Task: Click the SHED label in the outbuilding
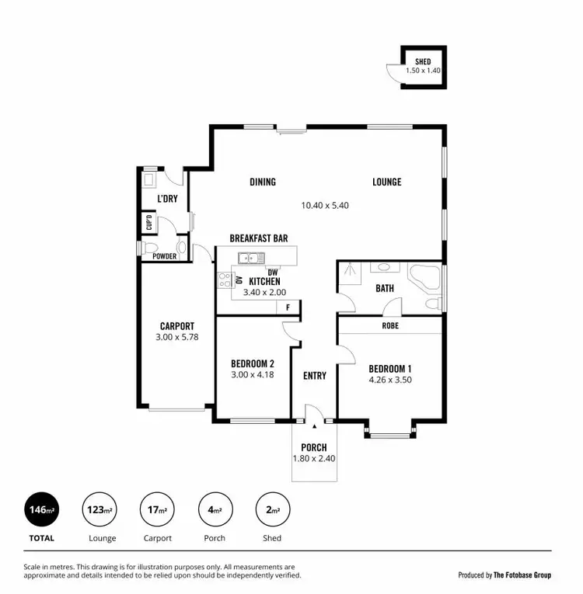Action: point(422,61)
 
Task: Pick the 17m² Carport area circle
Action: point(157,510)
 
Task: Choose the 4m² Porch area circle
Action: point(215,510)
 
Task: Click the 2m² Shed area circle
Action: point(272,510)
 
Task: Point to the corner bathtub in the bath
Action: point(424,277)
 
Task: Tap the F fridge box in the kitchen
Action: point(288,307)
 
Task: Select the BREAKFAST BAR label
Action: point(259,238)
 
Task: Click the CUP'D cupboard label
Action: point(148,224)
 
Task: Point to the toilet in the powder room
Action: point(181,248)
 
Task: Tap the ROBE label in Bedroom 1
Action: point(389,326)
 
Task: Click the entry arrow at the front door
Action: point(313,426)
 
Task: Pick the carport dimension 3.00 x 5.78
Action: point(177,339)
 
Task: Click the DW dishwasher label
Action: point(272,272)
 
